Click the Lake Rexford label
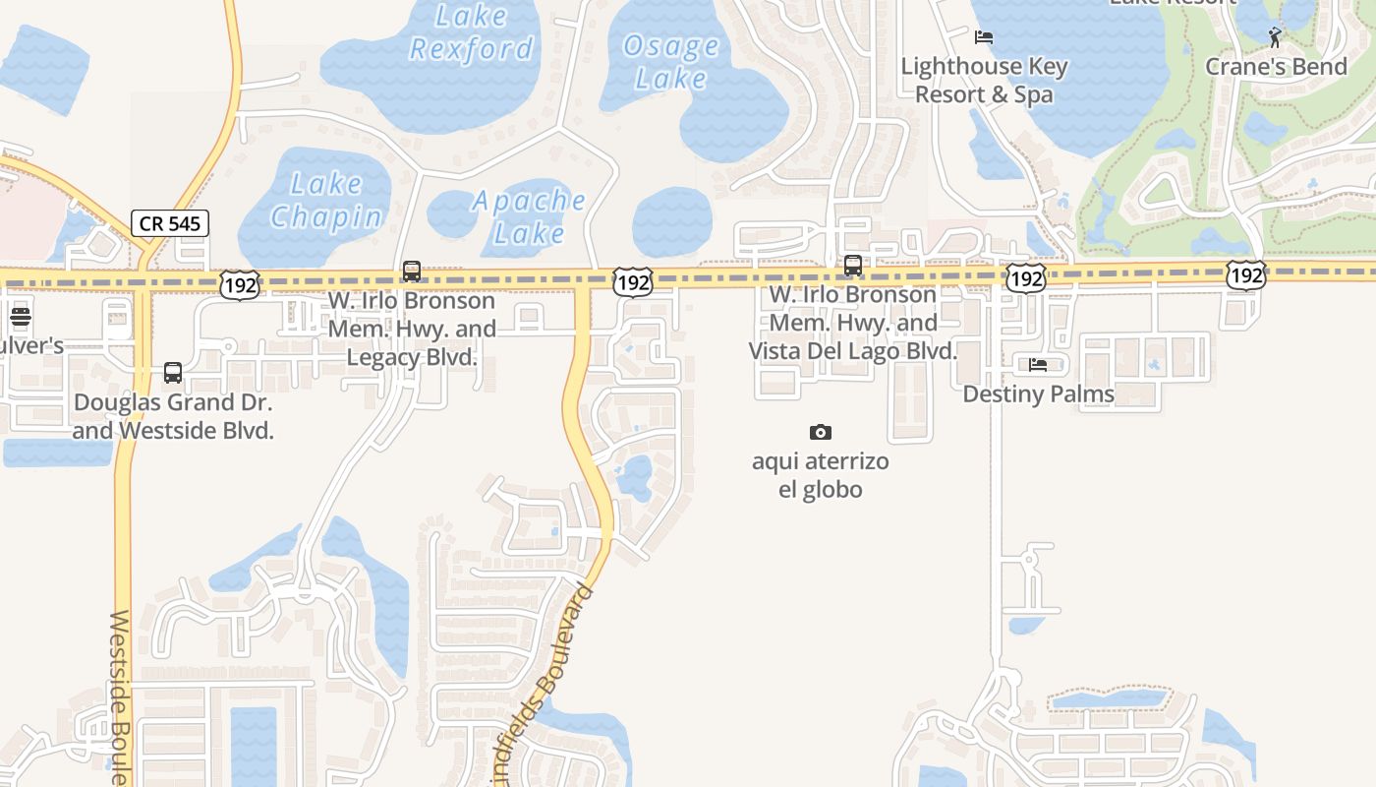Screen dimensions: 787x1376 (x=471, y=32)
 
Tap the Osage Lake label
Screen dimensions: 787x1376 (x=671, y=62)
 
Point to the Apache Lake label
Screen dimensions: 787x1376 (x=529, y=216)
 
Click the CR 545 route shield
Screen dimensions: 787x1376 (x=170, y=223)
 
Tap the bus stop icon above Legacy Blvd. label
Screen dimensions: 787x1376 (x=412, y=271)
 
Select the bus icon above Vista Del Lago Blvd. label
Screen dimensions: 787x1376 (x=853, y=265)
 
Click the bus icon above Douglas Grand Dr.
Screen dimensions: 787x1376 (x=173, y=373)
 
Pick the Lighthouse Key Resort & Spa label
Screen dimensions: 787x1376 (x=984, y=81)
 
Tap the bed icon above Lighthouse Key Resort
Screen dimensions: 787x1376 (x=984, y=37)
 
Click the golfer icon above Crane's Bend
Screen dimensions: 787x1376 (x=1275, y=37)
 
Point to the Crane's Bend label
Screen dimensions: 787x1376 (x=1276, y=67)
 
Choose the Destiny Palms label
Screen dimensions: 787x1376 (x=1038, y=394)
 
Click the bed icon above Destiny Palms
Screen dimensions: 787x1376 (x=1038, y=365)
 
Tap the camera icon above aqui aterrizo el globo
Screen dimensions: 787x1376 (x=821, y=432)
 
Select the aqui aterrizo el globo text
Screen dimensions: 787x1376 (x=821, y=475)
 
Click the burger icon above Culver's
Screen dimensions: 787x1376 (x=21, y=317)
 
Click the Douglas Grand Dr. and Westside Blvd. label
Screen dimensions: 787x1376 (x=173, y=416)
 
